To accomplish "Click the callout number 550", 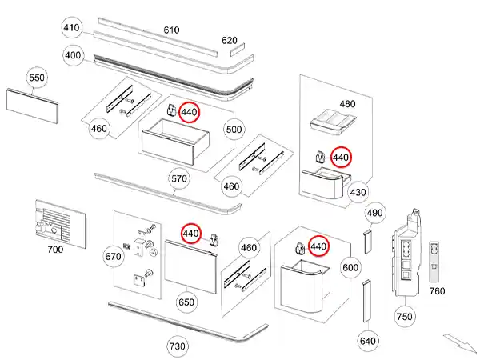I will click(38, 78).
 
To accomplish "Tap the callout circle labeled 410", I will click(73, 29).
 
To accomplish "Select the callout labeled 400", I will click(73, 56).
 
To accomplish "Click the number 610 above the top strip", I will click(172, 30).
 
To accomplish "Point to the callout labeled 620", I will click(230, 41).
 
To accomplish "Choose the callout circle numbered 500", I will click(234, 129).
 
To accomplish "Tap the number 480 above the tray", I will click(346, 104).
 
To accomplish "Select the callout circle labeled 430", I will click(358, 192).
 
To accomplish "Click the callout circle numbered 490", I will click(375, 213).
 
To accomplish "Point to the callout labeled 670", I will click(113, 257).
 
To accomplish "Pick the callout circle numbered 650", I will click(186, 302).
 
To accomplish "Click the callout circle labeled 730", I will click(177, 346).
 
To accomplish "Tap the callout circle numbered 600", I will click(350, 267).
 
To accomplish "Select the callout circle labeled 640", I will click(367, 342).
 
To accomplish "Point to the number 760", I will click(437, 291).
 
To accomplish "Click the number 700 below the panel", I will click(55, 250).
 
